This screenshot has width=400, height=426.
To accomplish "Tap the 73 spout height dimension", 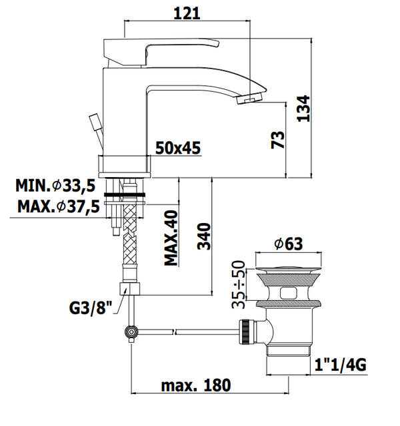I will coord(279,140).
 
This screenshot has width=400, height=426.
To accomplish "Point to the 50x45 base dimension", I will coord(178,148).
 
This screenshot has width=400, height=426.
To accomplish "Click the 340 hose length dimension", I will coord(205,236).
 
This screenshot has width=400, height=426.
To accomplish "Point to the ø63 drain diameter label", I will coord(288,244).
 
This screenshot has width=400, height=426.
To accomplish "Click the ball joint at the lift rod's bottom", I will coord(132,331).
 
